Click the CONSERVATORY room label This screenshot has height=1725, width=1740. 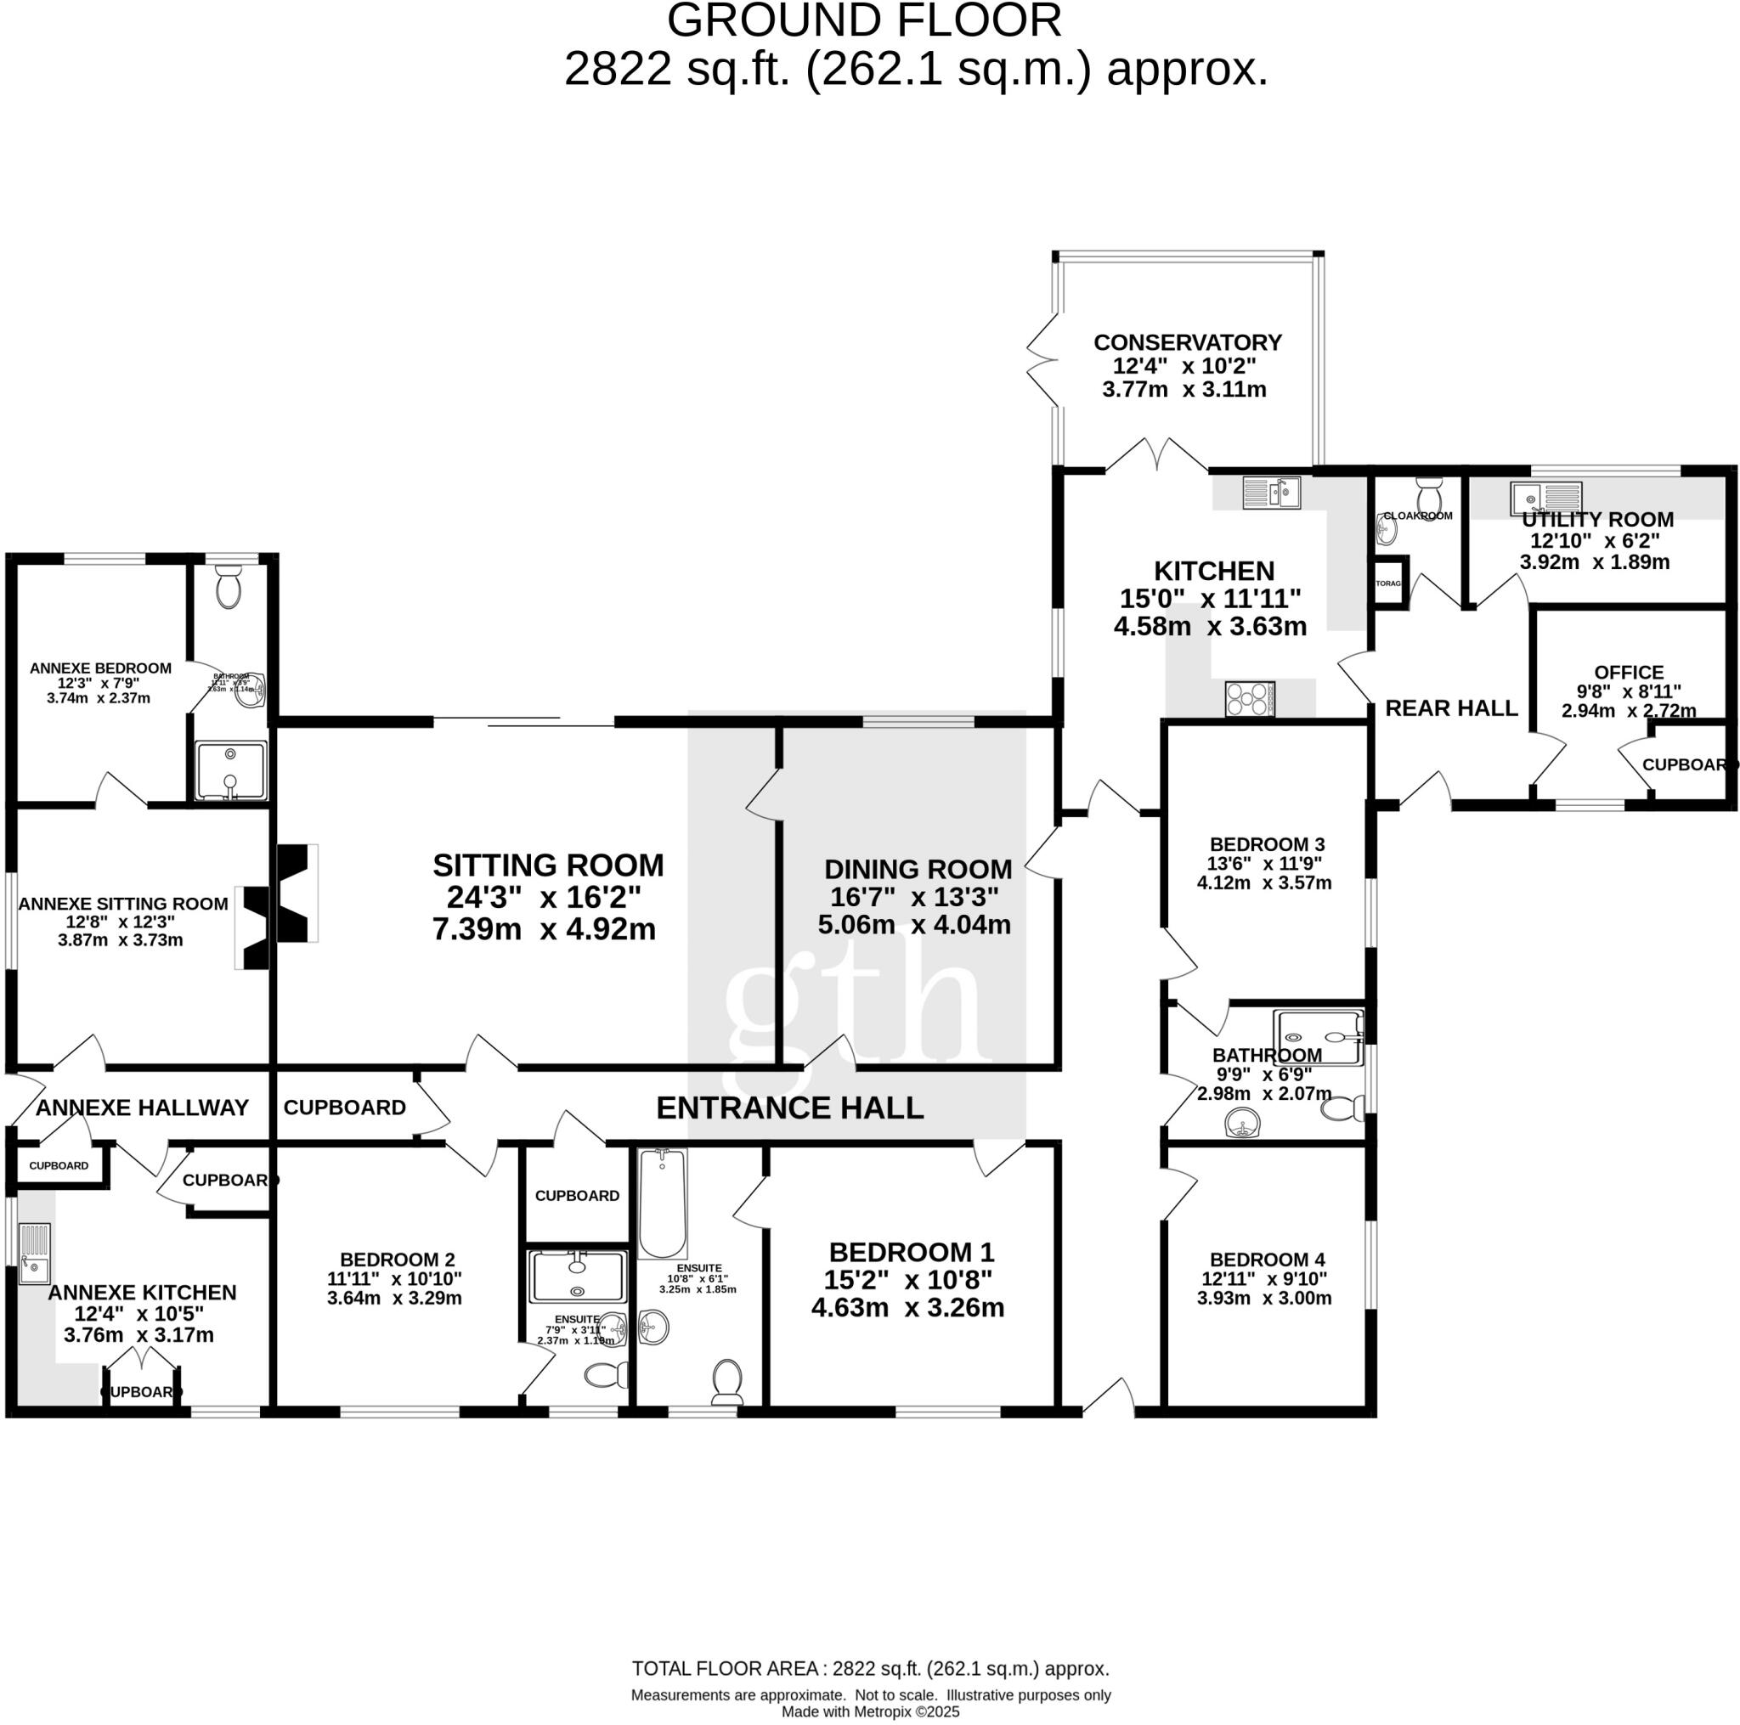1187,342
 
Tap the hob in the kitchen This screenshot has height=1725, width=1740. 1250,699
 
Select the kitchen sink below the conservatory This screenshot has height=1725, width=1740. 1271,493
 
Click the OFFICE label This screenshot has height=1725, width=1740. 1629,672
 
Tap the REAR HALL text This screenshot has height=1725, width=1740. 1451,707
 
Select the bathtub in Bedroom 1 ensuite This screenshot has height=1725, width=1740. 663,1204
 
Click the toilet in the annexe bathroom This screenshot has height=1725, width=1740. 229,586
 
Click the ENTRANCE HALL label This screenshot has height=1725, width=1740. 790,1108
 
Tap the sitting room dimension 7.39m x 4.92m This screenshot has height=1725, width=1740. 544,928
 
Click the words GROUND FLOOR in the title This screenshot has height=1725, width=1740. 864,20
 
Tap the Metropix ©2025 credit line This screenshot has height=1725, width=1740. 870,1711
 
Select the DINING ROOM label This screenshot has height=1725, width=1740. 918,869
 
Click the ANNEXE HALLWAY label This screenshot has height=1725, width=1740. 142,1108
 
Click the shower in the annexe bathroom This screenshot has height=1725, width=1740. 231,770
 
